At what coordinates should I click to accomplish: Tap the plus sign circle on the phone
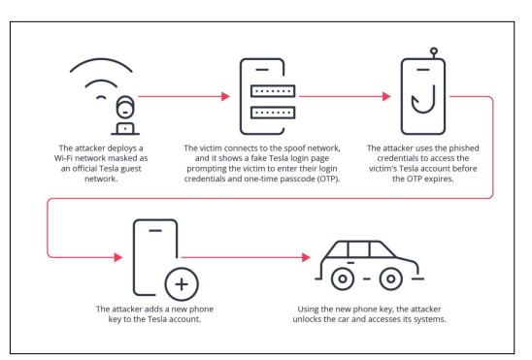(182, 284)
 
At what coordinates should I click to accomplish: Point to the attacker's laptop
(125, 129)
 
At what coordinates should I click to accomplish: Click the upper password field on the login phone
(273, 91)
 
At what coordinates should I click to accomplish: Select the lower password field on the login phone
(273, 113)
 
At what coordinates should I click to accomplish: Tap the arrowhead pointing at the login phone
(225, 97)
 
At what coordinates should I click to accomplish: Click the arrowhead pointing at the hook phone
(386, 97)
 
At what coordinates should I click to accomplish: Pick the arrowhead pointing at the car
(306, 257)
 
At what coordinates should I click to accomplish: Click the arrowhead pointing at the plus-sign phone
(118, 257)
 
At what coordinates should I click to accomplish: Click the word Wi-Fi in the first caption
(62, 158)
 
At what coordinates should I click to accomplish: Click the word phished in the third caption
(464, 148)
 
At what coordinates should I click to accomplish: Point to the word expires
(440, 179)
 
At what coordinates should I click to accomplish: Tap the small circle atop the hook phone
(434, 51)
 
